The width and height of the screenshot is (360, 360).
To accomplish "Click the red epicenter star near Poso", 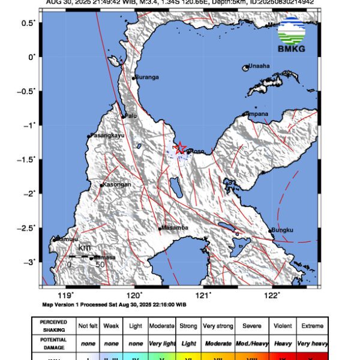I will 180,148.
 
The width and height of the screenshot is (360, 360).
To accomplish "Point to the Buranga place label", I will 147,77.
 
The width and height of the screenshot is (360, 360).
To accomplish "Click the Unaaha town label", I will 259,67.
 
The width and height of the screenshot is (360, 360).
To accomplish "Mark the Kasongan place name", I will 118,185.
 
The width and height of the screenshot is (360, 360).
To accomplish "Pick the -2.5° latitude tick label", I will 27,228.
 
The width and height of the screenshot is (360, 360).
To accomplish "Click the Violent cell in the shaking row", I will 282,326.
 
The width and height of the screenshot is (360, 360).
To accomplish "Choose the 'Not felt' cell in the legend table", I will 88,326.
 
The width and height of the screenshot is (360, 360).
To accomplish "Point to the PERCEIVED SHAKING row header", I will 53,326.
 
